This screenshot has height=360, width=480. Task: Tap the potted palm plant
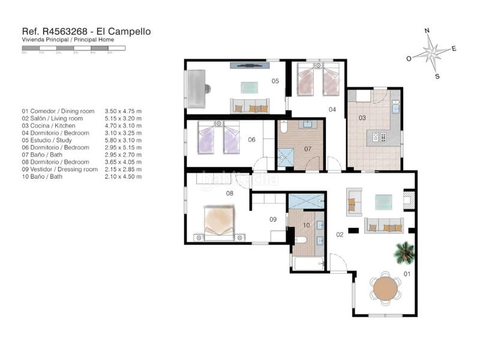coord(404,252)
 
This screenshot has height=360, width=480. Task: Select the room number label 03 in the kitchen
coord(362,118)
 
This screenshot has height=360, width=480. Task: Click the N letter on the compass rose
coord(427,30)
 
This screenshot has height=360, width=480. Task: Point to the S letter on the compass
coord(437,76)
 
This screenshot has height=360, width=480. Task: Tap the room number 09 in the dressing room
coord(273,220)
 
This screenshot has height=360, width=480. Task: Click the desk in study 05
coord(197,88)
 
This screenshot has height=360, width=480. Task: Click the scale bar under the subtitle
coord(73,47)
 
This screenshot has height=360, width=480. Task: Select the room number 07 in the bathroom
coord(308,148)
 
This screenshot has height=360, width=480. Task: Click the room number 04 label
coord(332,109)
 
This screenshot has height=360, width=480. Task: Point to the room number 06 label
coord(252,140)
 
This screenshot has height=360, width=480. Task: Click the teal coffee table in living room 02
coord(384,202)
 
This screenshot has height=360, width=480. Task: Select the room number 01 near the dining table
coord(406,275)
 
